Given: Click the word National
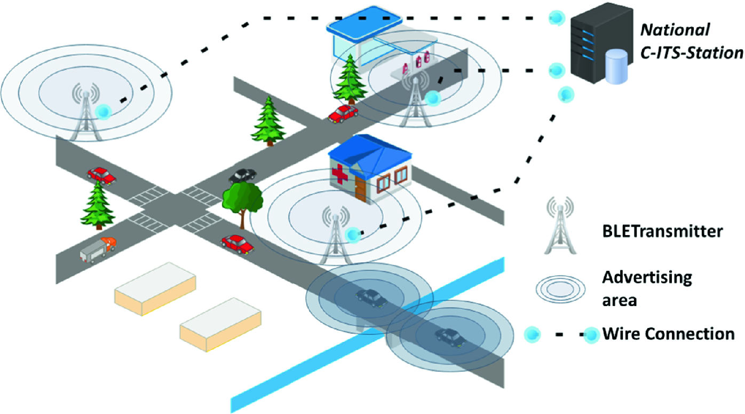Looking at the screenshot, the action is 675,30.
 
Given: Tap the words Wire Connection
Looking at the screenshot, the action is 668,334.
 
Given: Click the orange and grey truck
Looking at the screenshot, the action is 98,248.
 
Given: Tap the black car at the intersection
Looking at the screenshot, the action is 242,175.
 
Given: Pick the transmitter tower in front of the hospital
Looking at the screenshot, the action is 335,235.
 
